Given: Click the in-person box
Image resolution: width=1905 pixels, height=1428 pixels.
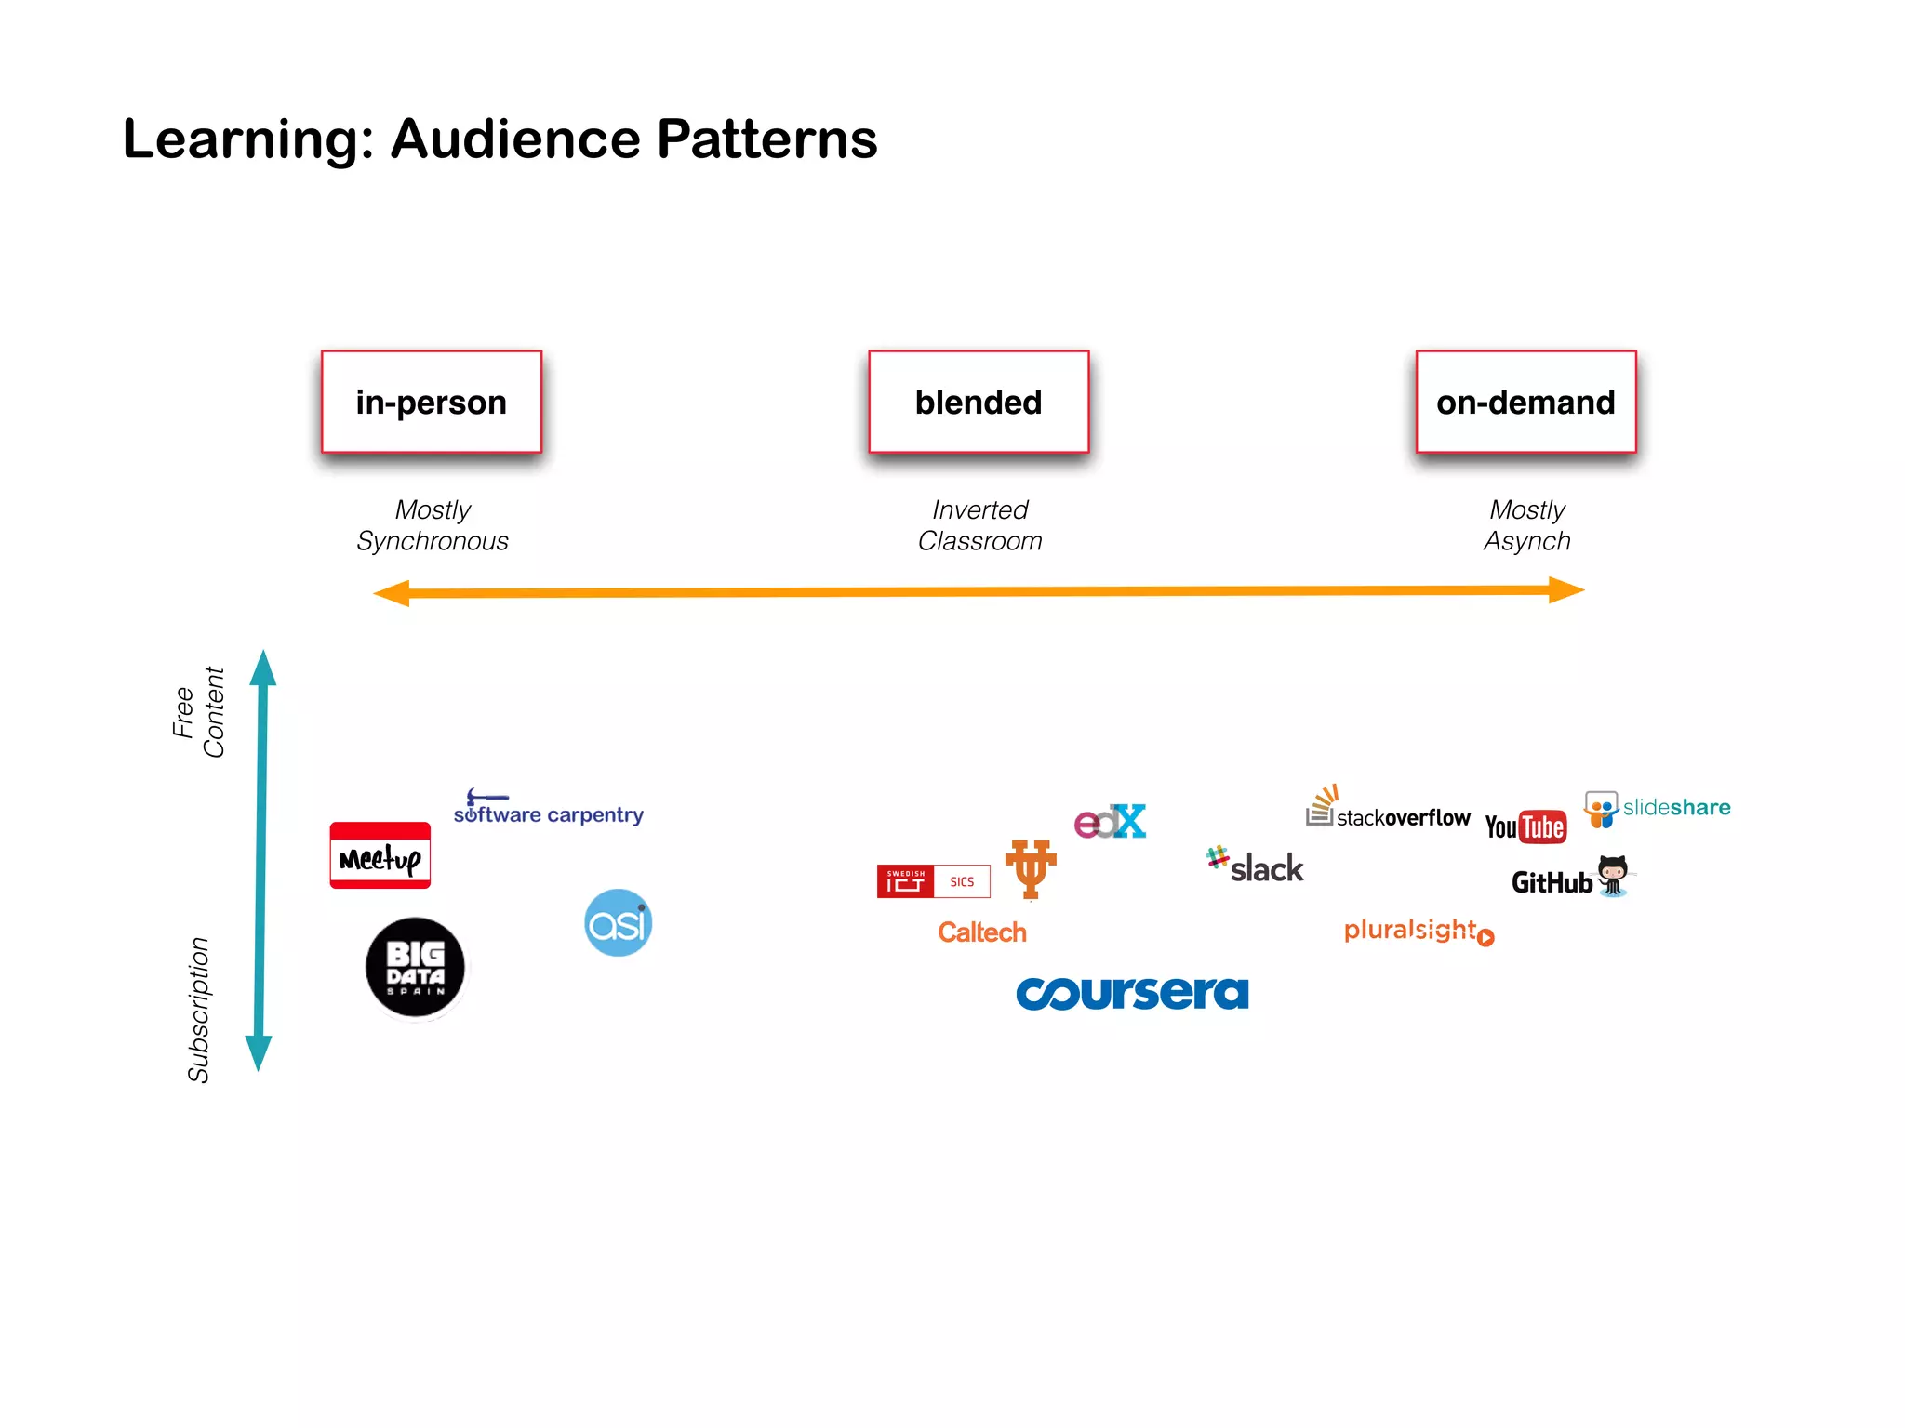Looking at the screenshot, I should click(431, 402).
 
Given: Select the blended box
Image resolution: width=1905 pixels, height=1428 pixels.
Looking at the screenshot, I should click(979, 402).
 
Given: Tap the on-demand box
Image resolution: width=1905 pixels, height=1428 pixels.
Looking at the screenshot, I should click(1525, 402).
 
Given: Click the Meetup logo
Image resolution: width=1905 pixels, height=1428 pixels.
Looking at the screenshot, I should click(380, 856).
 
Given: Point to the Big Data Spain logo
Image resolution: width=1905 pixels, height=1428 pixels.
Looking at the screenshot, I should click(415, 968).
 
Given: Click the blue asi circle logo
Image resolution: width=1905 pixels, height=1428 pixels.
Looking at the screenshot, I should click(618, 922).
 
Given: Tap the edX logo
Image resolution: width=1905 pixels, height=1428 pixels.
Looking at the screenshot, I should click(1110, 822).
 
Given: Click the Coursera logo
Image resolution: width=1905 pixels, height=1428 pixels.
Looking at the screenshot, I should click(1132, 993).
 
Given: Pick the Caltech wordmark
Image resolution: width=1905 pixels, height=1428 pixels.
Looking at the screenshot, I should click(981, 932).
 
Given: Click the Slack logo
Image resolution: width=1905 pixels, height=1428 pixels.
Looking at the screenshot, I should click(1256, 866).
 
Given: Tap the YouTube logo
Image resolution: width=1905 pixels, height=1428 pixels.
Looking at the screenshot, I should click(1525, 826).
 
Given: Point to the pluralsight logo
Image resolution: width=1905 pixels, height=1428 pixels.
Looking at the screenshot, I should click(1418, 931).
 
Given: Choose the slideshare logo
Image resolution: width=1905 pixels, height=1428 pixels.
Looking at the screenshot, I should click(1658, 808).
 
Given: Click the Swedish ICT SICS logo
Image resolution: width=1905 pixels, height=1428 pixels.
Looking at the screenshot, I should click(933, 881).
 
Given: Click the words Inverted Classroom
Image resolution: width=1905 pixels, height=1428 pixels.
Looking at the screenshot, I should click(979, 525).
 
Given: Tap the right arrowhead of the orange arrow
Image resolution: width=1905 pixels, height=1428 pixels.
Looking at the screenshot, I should click(1566, 589).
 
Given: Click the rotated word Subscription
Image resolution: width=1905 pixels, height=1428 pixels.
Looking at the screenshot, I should click(198, 1010).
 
